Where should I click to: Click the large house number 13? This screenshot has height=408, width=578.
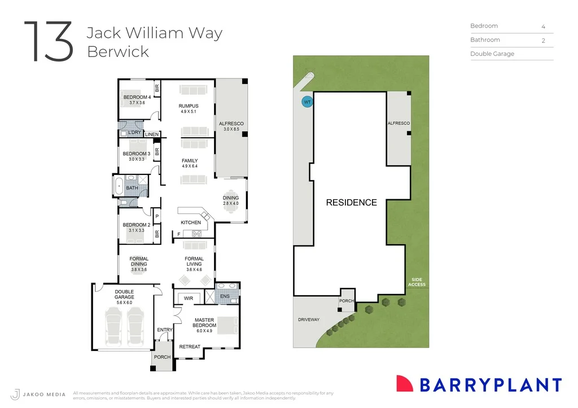(49, 42)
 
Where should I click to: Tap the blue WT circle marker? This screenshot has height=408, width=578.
(307, 102)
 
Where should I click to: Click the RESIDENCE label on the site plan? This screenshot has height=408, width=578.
(351, 203)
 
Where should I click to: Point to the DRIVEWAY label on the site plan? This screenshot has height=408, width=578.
(309, 320)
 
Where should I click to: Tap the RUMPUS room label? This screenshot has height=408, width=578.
(189, 106)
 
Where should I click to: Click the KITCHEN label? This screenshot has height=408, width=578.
(191, 222)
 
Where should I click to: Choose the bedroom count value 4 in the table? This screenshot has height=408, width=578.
(543, 27)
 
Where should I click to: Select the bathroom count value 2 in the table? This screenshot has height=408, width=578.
(543, 41)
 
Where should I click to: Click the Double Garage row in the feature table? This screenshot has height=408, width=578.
(492, 54)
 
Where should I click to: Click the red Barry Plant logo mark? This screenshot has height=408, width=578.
(405, 384)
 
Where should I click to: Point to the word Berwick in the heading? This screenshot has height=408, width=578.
(118, 51)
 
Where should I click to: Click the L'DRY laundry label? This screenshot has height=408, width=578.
(134, 133)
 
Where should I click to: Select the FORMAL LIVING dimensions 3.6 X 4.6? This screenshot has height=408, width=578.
(194, 270)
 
